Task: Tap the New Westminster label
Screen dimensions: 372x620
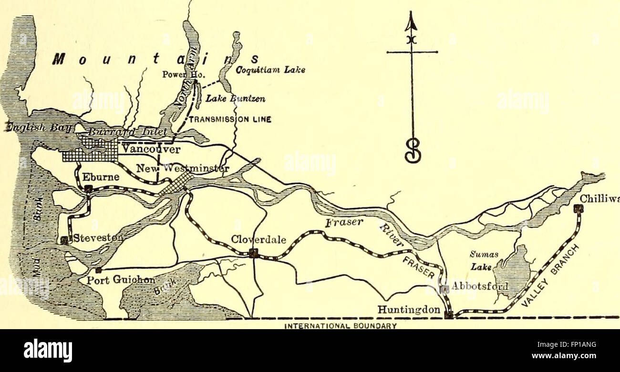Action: [183, 168]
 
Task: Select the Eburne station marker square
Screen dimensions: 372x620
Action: [88, 189]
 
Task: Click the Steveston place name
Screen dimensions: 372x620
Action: [98, 237]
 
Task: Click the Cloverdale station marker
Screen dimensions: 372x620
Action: [254, 253]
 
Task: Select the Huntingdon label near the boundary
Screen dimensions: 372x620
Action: [409, 310]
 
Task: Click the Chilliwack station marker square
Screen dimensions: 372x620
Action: [579, 208]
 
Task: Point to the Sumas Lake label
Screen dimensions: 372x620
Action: [479, 261]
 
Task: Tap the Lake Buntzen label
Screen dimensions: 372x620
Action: [235, 99]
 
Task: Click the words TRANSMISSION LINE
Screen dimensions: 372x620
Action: [230, 120]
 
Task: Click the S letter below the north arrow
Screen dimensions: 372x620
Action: [413, 150]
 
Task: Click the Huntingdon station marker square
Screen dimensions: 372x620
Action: [448, 314]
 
